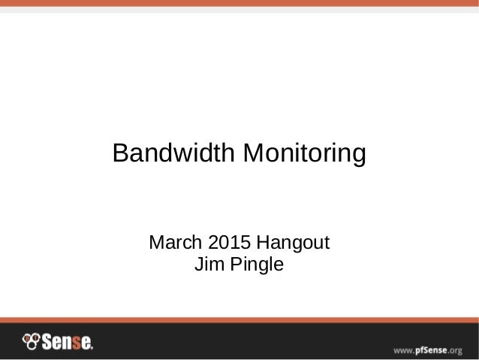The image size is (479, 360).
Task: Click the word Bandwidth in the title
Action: pos(171,154)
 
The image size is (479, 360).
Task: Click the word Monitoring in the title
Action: pos(302,154)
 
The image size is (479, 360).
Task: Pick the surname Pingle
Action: pos(255,265)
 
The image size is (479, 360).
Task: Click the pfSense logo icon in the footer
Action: pos(30,342)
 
